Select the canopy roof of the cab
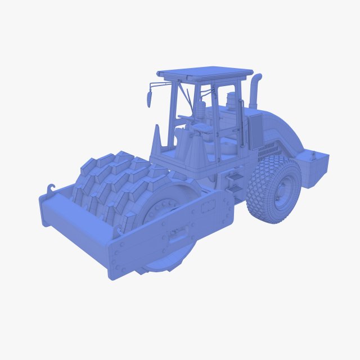pos(205,74)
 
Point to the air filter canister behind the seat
pos(231,101)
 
